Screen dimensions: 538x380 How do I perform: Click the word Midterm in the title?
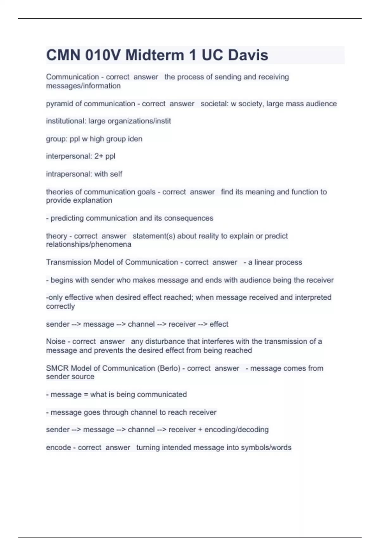(155, 55)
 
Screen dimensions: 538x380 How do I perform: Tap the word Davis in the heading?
(248, 55)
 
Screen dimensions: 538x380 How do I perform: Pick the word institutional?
(66, 121)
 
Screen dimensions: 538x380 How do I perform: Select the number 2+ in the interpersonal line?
(99, 156)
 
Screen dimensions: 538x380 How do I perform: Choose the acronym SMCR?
(57, 368)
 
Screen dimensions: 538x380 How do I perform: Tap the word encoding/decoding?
(237, 430)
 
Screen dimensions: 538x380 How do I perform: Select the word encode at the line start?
(59, 447)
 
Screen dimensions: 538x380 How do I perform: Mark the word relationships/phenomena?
(89, 245)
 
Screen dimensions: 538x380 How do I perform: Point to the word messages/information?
(83, 86)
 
